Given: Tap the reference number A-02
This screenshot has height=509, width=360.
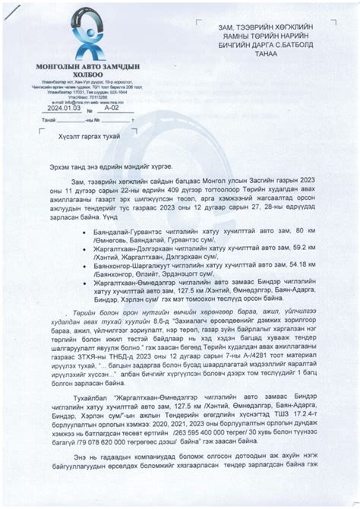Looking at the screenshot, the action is point(111,109).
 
